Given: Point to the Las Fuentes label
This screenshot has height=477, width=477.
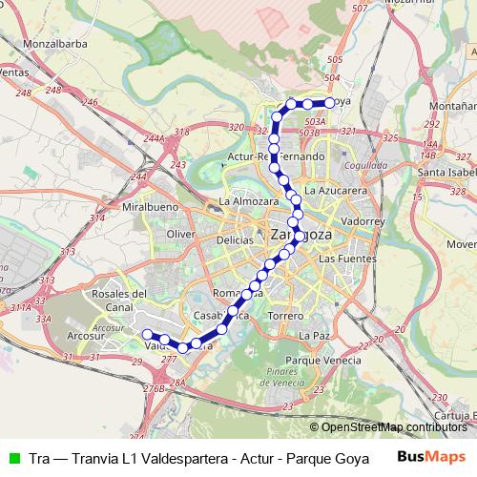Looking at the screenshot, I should pos(341,259).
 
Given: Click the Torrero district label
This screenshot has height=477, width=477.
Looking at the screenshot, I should pos(285,315).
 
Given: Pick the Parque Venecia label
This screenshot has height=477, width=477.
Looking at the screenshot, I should pos(327,360).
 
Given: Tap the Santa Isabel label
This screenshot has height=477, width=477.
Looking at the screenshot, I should pos(446,172).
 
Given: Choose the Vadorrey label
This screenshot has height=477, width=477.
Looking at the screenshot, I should pos(362,220).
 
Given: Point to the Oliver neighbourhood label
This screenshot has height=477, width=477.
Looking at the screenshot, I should pos(180,233).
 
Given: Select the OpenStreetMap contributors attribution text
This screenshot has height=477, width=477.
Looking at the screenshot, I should pos(392,426).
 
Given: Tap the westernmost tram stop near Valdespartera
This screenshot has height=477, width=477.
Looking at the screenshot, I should pos(148,333).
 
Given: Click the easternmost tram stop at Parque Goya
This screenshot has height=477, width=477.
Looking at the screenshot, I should pos(330,102).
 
